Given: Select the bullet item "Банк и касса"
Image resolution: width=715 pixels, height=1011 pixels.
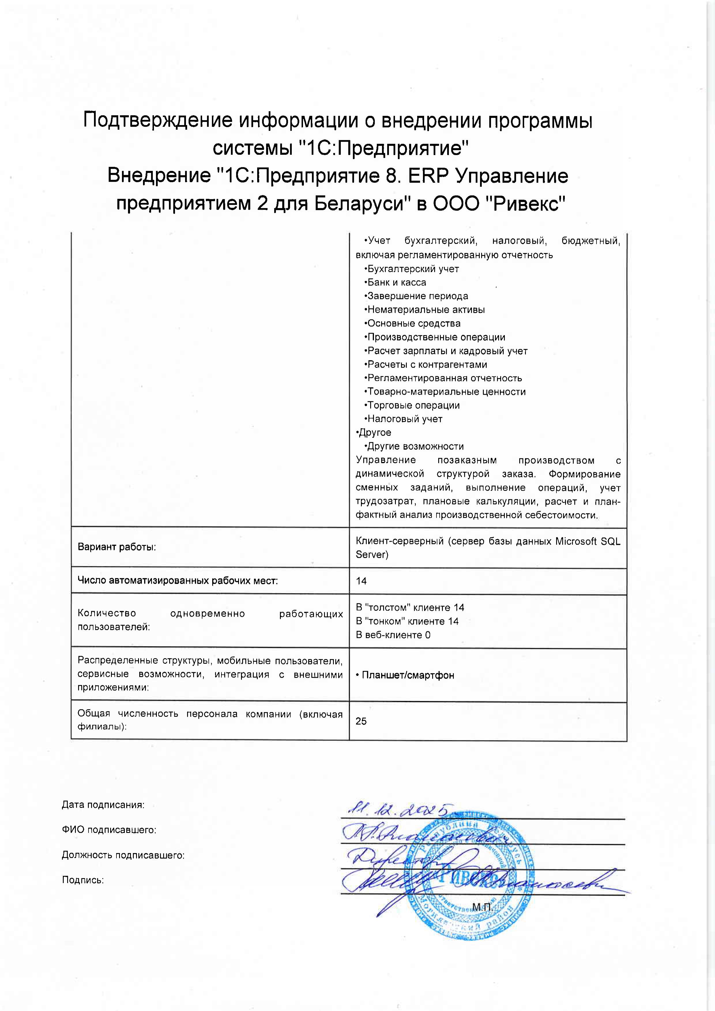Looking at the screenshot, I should pos(396,282).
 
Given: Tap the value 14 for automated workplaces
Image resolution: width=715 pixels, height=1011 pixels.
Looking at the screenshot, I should pos(361,581).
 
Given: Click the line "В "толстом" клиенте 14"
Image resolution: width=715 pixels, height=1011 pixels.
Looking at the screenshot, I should pos(410,608).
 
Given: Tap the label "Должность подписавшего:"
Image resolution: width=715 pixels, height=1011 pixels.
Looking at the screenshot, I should pos(123,855).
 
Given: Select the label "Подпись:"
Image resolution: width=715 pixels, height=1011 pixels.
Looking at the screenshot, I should pos(83,880).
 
